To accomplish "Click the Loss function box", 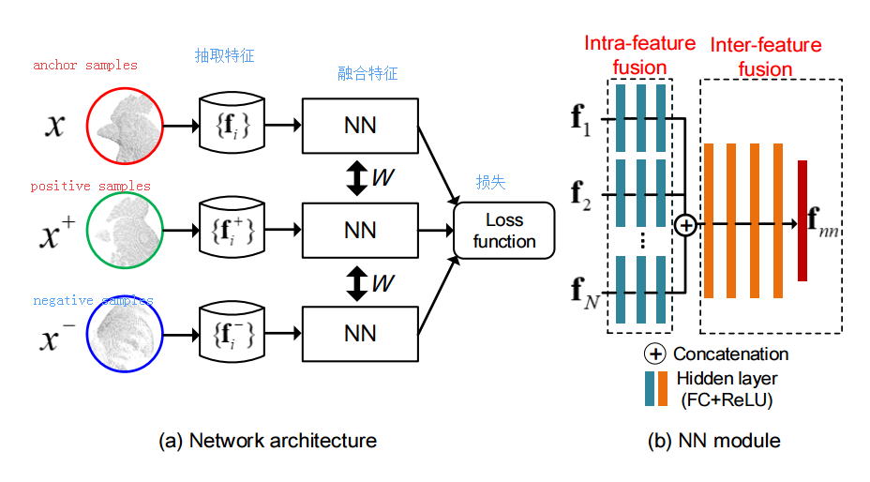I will tap(504, 231).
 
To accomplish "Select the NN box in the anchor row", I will tap(360, 125).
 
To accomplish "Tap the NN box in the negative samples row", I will tap(360, 333).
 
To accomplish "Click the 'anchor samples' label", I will tap(84, 66).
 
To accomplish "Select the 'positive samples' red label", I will tap(90, 187).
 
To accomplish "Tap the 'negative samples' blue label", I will tap(93, 300).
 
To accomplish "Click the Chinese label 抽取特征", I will tap(224, 56).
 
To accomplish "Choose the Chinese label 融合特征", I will tap(367, 74).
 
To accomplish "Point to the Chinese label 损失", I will tap(491, 183).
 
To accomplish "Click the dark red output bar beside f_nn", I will tap(802, 220).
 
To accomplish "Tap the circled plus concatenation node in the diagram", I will tap(685, 225).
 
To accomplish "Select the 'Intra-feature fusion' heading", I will tap(639, 55).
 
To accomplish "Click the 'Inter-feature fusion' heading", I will tap(765, 57).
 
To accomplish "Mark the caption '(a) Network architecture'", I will tap(269, 440).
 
